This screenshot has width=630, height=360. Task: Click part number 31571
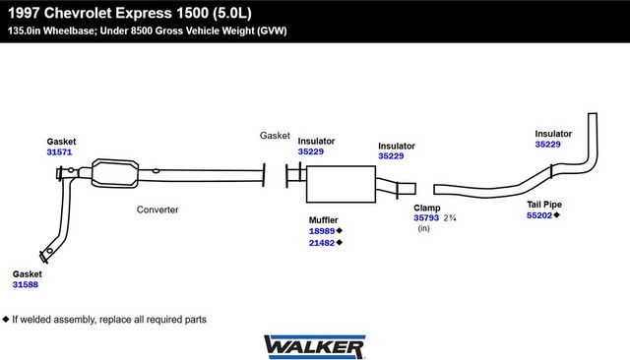[x=59, y=152]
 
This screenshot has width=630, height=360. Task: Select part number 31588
[x=26, y=284]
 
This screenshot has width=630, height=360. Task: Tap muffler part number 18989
[x=322, y=231]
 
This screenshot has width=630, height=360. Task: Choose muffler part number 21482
[x=322, y=243]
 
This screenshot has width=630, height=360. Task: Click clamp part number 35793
[x=426, y=218]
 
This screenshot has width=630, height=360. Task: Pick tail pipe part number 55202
[x=539, y=215]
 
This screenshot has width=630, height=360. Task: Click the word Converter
[x=157, y=210]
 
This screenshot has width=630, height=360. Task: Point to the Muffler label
[x=324, y=220]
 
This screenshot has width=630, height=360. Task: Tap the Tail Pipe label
[x=544, y=205]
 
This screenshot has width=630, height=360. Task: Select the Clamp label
[x=427, y=208]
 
